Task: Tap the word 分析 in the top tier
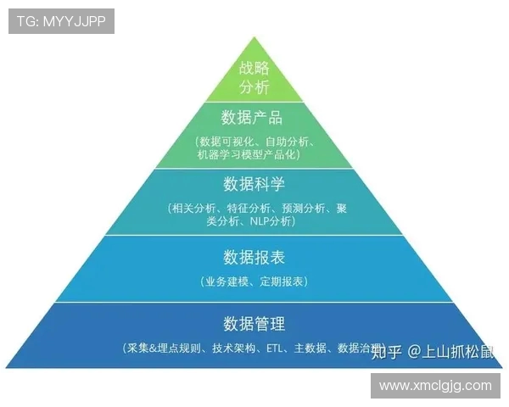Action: click(254, 87)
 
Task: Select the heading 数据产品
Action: click(254, 117)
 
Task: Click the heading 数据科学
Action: click(254, 184)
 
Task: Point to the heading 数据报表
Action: click(254, 256)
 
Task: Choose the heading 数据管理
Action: click(254, 324)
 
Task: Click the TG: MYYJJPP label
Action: click(61, 21)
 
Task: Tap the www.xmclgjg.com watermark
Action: click(435, 385)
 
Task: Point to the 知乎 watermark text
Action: click(388, 352)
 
